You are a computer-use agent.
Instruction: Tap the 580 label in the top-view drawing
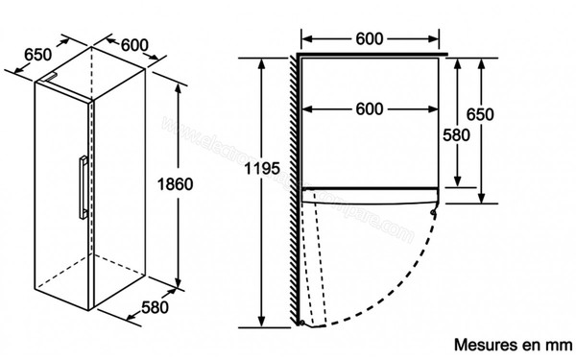[x=456, y=135]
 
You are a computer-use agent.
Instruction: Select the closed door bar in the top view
[x=371, y=191]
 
